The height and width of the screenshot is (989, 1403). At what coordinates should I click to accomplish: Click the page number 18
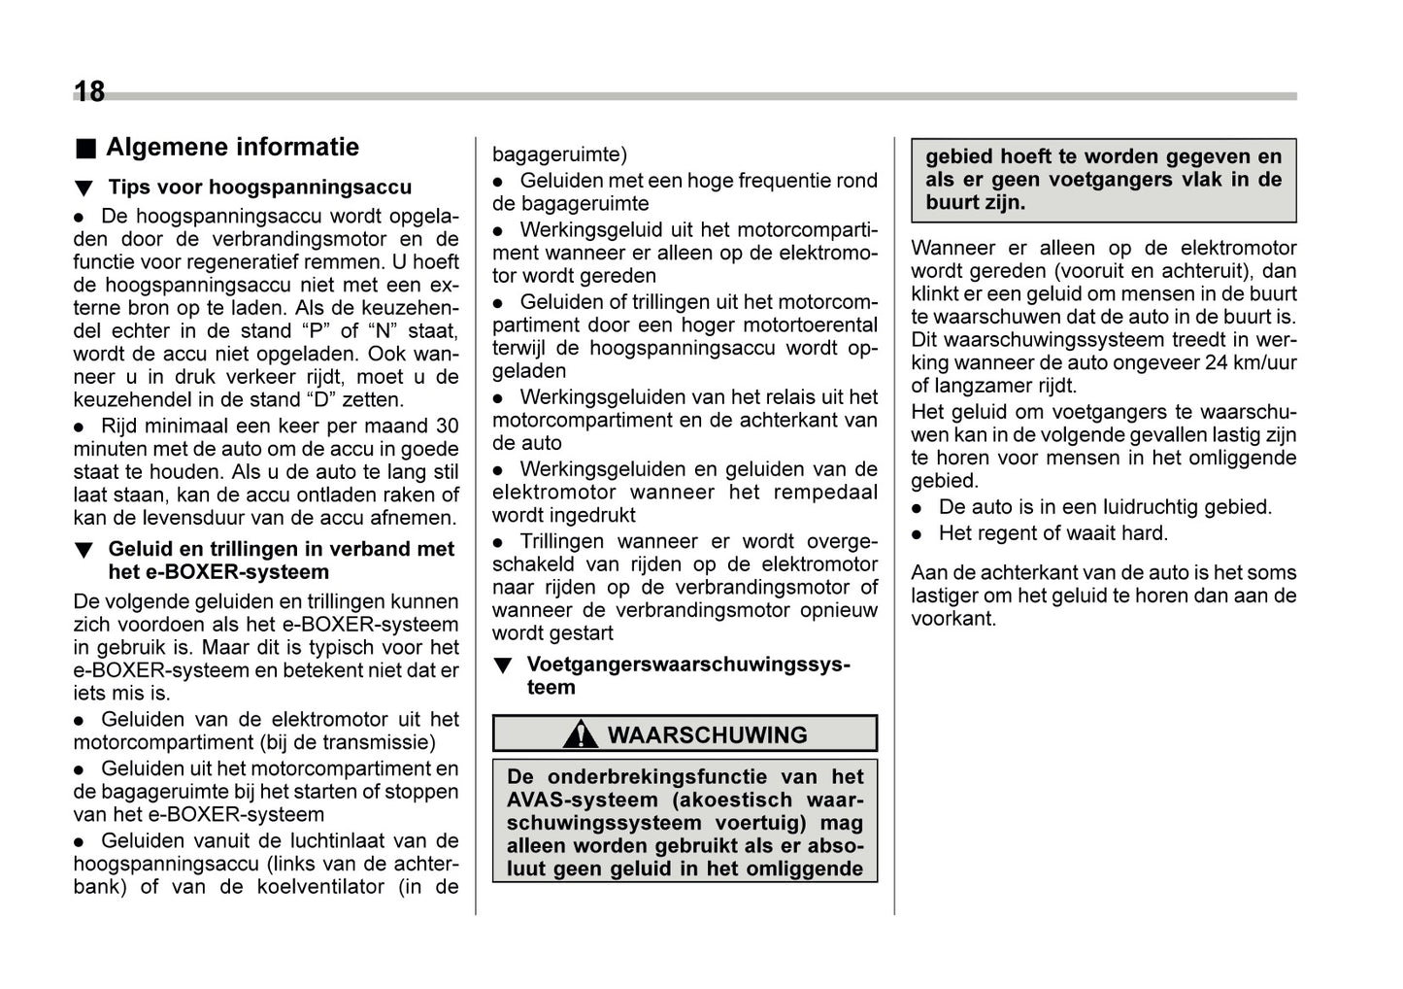tap(89, 92)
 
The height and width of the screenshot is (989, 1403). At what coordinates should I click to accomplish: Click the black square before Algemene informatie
tap(86, 149)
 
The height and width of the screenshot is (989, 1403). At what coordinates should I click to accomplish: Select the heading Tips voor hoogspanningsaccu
tap(259, 188)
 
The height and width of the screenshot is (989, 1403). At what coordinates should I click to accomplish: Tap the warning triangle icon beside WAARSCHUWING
tap(581, 734)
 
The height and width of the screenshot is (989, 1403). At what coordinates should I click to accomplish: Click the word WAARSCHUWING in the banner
tap(707, 735)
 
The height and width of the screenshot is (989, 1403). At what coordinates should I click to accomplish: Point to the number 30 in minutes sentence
tap(447, 426)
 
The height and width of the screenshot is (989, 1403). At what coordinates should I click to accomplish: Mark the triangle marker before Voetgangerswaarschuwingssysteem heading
tap(502, 666)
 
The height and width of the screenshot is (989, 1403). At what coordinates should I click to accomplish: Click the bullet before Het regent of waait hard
tap(918, 534)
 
